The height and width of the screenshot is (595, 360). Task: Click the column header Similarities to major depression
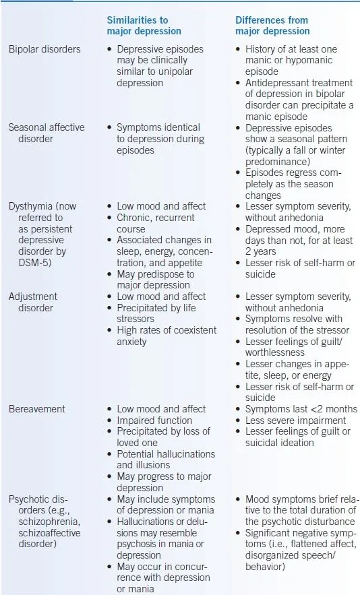point(144,26)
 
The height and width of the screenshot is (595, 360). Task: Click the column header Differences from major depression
point(272,26)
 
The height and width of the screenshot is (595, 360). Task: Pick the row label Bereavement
point(36,408)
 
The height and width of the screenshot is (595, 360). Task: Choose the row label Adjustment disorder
point(33,301)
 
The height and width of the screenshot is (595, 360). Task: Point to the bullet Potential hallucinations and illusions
point(165,460)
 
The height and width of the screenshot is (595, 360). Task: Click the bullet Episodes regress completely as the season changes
point(295,183)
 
